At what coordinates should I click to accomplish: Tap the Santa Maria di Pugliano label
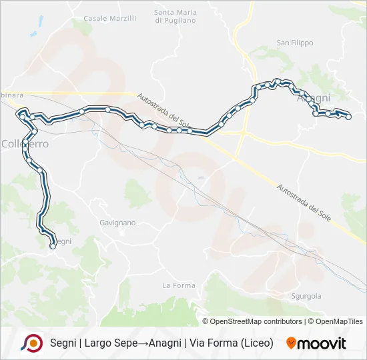(x=175, y=16)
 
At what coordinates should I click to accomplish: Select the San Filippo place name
(x=294, y=43)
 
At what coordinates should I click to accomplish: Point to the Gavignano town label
(x=117, y=222)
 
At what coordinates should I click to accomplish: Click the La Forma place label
(x=179, y=285)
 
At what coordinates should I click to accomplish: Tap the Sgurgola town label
(x=306, y=295)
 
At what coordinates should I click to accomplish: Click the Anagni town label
(x=313, y=98)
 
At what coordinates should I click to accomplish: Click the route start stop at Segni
(x=52, y=246)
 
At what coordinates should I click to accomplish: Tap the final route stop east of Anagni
(x=348, y=117)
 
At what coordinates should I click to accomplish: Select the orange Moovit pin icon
(x=291, y=343)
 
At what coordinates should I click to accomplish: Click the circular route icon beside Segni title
(x=31, y=343)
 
